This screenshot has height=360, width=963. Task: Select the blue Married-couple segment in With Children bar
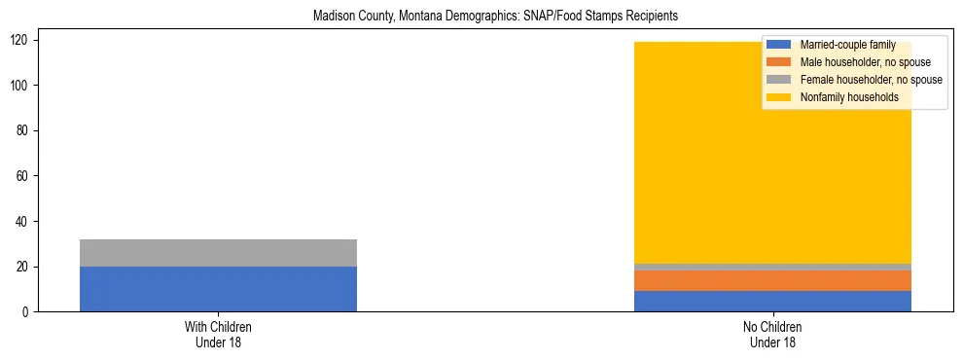[218, 289]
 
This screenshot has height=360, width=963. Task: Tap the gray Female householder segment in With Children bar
[218, 253]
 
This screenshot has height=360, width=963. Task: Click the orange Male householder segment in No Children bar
[772, 280]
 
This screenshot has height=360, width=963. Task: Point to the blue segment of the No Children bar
[772, 301]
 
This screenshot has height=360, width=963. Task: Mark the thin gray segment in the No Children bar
[772, 267]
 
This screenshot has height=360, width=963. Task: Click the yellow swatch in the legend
[779, 97]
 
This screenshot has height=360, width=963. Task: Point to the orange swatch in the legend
[779, 62]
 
